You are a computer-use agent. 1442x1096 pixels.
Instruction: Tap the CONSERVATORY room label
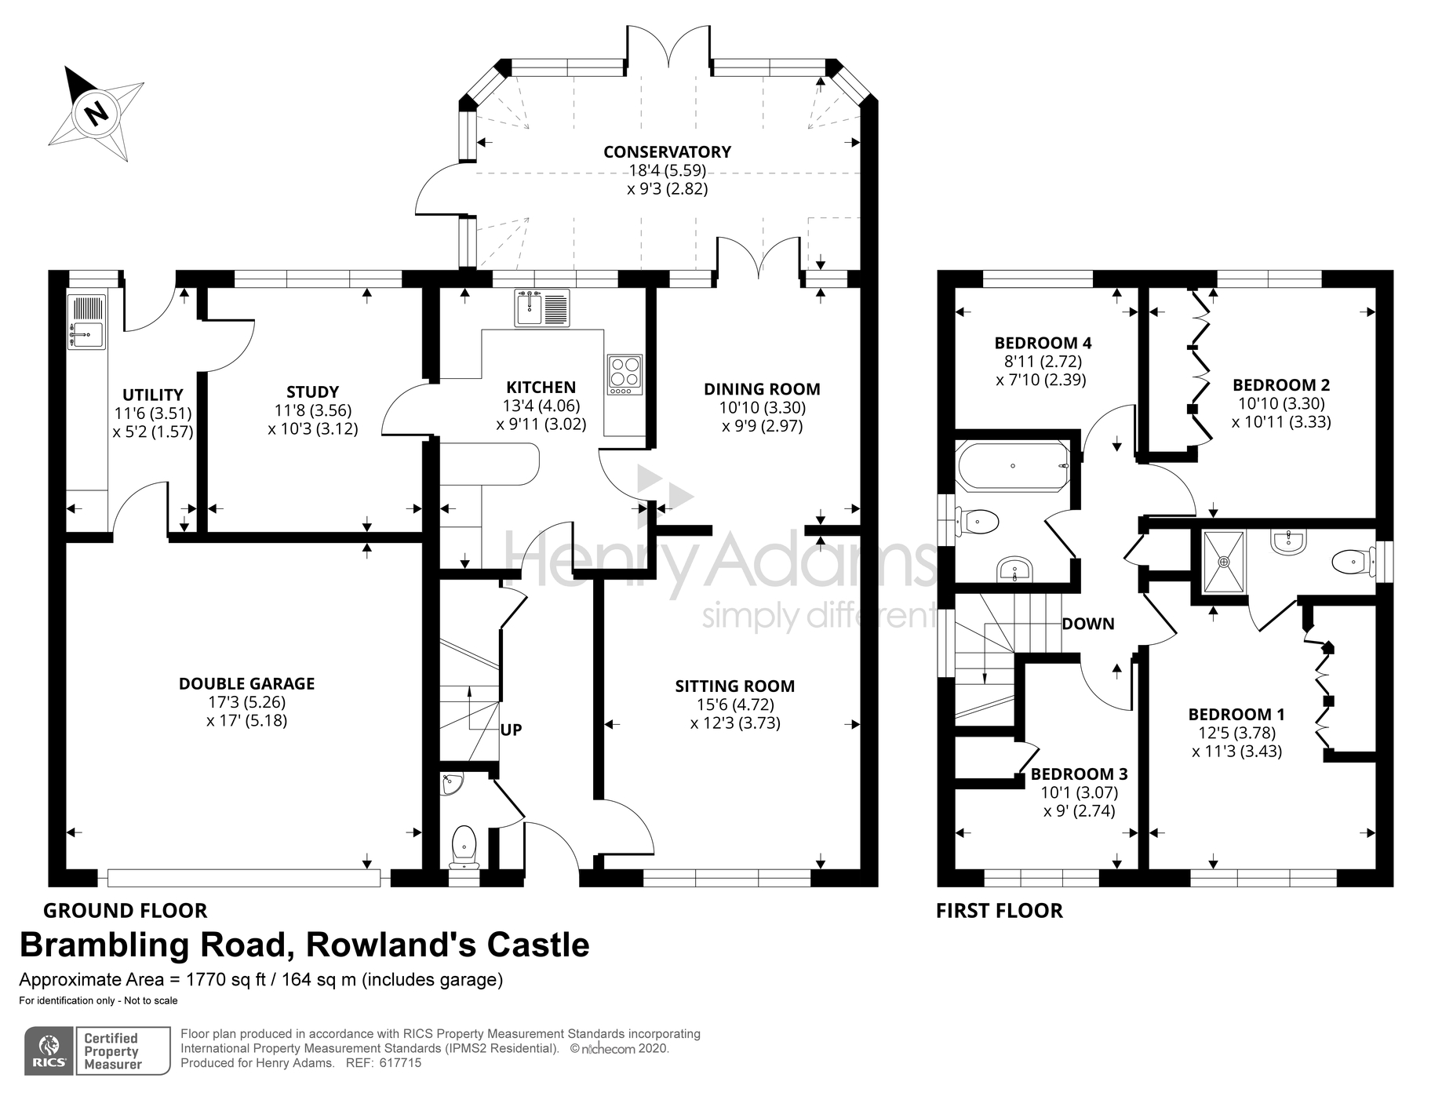pyautogui.click(x=667, y=151)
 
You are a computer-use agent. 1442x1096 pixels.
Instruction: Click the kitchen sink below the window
pyautogui.click(x=542, y=308)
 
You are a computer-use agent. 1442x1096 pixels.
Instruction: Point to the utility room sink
pyautogui.click(x=86, y=322)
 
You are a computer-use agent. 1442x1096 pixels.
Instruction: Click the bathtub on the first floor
pyautogui.click(x=1013, y=466)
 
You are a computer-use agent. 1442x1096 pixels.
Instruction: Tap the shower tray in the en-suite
pyautogui.click(x=1223, y=561)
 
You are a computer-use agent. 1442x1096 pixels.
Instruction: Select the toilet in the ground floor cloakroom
pyautogui.click(x=464, y=847)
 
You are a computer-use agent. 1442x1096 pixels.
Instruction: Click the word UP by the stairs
pyautogui.click(x=511, y=730)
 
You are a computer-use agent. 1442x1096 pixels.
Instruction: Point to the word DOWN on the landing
pyautogui.click(x=1088, y=624)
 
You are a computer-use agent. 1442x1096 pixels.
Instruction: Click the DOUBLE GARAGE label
pyautogui.click(x=246, y=683)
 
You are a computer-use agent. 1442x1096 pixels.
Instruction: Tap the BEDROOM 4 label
pyautogui.click(x=1043, y=343)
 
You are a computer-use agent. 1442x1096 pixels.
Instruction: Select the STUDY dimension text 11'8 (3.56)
pyautogui.click(x=312, y=410)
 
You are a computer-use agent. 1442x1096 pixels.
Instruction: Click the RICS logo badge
pyautogui.click(x=49, y=1050)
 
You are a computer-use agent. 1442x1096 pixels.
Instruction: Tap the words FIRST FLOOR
pyautogui.click(x=1000, y=911)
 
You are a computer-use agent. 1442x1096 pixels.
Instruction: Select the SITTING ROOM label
pyautogui.click(x=735, y=686)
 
